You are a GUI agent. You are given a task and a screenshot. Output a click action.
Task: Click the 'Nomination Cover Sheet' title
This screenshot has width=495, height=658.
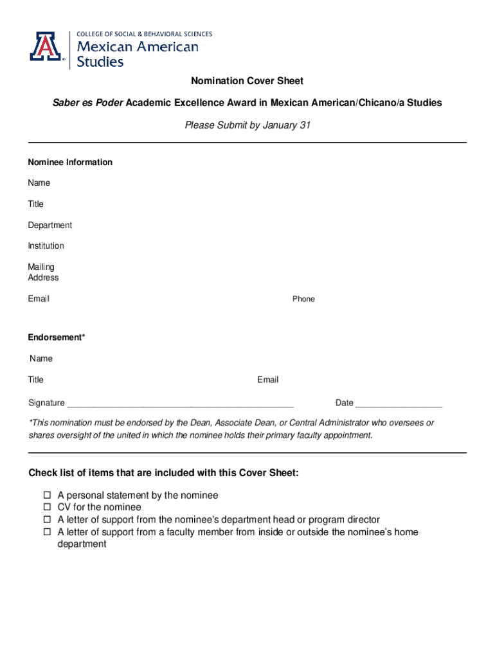pos(247,81)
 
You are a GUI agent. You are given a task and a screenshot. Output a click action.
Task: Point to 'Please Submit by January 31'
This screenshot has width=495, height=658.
pos(248,125)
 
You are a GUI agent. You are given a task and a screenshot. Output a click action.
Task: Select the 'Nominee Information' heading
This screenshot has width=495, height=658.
pos(70,163)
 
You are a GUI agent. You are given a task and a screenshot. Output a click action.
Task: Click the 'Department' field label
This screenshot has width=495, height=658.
pos(50,226)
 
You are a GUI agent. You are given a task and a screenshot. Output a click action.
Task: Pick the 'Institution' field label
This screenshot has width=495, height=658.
pos(46,246)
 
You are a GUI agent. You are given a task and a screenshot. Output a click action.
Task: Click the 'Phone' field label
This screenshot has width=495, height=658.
pos(303,299)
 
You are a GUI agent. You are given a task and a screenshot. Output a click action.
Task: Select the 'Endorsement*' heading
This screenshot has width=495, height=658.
pos(57,338)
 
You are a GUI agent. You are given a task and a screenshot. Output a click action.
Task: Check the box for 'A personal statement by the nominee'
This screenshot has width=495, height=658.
pos(47,495)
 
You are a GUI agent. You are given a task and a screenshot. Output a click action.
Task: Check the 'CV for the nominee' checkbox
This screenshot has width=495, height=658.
pos(47,508)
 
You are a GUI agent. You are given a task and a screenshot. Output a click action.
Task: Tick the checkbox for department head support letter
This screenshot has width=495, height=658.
pos(47,520)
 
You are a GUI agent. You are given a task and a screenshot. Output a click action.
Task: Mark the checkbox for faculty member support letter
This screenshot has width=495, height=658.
pos(47,532)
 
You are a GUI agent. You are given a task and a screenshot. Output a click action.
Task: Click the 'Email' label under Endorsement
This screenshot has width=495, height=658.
pos(268,380)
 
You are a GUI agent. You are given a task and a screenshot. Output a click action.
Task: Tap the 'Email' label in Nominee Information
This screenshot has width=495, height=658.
pos(39,299)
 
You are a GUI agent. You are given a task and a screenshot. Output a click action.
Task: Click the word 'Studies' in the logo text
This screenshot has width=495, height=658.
pos(100,62)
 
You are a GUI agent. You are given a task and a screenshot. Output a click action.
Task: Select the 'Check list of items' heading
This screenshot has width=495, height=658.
pos(163,474)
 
